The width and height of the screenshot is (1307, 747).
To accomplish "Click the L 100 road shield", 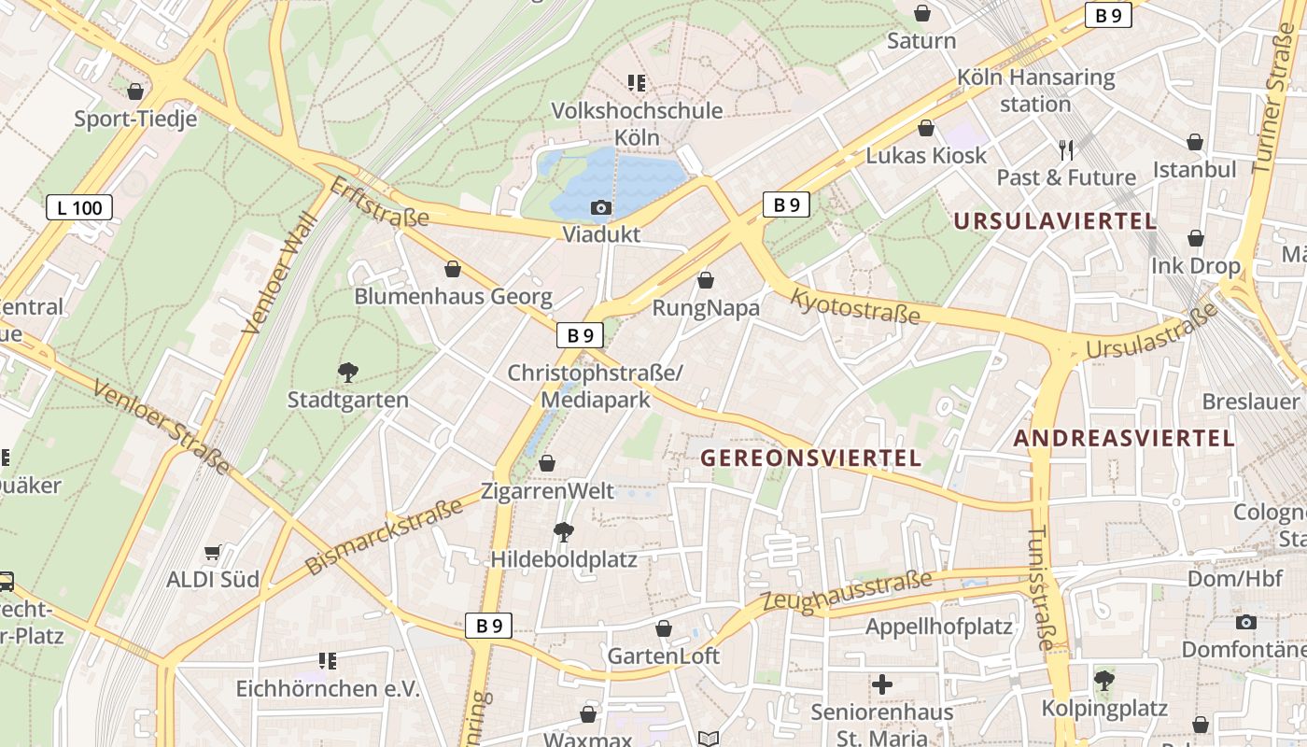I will (x=79, y=207).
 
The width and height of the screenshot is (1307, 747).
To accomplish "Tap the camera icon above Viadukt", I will (x=601, y=207).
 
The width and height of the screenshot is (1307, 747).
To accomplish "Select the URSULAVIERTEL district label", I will (x=1055, y=221).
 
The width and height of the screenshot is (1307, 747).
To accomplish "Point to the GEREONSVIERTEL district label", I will (x=810, y=458).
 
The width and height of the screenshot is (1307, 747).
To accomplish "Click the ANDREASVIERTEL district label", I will (x=1124, y=438).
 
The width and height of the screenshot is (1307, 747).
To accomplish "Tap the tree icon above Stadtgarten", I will (x=347, y=373).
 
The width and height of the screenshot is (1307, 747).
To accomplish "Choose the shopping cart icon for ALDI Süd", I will (x=213, y=553).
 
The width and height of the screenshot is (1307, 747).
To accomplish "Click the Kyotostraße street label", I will (x=855, y=306).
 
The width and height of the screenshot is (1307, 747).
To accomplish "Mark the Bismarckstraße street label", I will (x=385, y=537).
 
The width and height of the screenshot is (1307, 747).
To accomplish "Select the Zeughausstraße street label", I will (x=847, y=591).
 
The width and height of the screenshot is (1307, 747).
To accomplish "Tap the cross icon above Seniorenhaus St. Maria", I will (x=881, y=684).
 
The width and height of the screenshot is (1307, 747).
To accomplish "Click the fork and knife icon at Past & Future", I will (x=1066, y=149).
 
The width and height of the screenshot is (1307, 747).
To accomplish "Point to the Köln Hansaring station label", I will (x=1035, y=90).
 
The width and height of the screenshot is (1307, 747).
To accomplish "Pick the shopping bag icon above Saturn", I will (x=921, y=13).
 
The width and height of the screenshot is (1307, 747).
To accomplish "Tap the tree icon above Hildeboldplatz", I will (x=563, y=532).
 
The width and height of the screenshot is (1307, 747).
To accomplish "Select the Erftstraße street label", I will (x=379, y=203).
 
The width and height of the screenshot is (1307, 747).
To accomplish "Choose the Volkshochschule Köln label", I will (x=637, y=123).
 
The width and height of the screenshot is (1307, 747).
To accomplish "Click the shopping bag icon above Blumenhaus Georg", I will (x=453, y=269).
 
